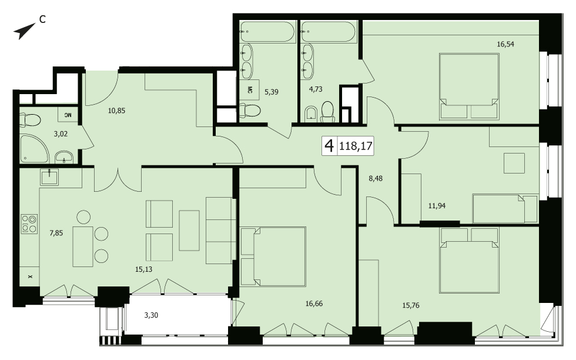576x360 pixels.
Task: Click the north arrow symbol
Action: [24, 31]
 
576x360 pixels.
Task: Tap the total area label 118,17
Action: [356, 146]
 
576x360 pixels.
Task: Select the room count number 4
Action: [329, 146]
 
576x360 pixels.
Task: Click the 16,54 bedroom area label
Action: [505, 44]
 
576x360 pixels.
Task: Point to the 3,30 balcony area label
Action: [151, 315]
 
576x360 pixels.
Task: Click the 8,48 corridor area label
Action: [376, 178]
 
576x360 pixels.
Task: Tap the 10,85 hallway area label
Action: [116, 111]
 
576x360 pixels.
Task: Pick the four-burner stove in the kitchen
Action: [29, 224]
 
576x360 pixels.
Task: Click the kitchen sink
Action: [49, 177]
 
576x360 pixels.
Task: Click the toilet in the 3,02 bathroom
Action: [30, 120]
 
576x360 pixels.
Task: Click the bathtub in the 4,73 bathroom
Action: [328, 32]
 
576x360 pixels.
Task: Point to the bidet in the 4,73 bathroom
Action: [311, 114]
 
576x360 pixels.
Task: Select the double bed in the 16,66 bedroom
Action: [273, 256]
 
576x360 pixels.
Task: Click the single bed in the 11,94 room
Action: [505, 208]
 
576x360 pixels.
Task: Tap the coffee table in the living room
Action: [189, 231]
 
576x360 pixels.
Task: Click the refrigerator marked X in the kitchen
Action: [29, 276]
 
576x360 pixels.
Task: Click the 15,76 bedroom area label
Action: [411, 305]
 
